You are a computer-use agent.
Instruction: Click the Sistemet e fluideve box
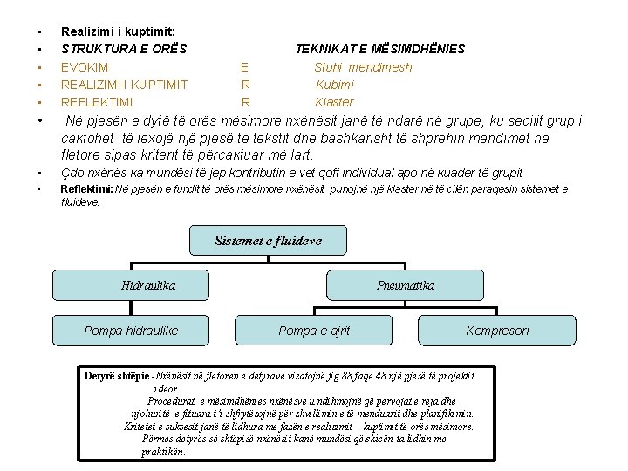[268, 241]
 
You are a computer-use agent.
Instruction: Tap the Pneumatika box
[405, 285]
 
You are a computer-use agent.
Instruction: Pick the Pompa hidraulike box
[130, 330]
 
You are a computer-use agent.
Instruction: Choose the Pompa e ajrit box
[314, 330]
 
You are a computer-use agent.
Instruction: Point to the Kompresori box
[497, 330]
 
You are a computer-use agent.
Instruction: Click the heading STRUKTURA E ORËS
[124, 49]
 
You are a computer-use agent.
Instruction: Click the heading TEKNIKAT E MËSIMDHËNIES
[379, 49]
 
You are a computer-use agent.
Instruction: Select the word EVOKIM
[85, 67]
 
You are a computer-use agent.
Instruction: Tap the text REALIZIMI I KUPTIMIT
[124, 85]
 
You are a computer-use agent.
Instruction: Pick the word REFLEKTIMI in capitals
[97, 102]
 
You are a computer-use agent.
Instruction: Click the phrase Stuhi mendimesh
[363, 67]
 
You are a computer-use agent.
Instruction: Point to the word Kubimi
[335, 85]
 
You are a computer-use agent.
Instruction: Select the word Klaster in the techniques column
[334, 102]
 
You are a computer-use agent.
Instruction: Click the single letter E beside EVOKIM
[245, 67]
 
